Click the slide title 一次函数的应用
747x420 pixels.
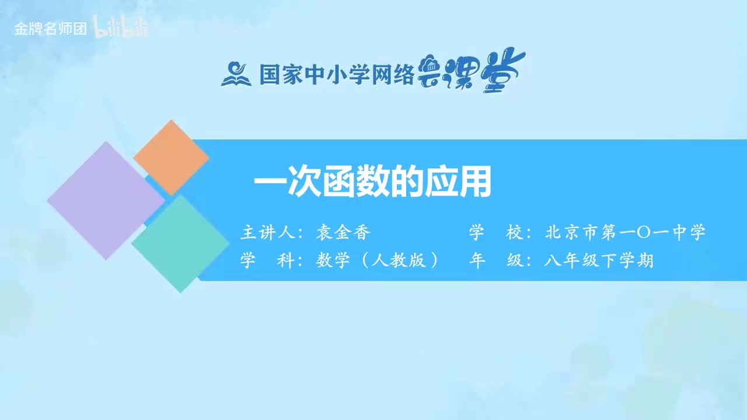(372, 183)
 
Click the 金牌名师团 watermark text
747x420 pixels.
(50, 29)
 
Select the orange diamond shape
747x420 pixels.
(171, 157)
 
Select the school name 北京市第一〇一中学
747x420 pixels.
(625, 233)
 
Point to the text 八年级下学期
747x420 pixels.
(598, 260)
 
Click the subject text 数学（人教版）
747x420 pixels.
(377, 260)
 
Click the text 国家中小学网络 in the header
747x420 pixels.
(337, 74)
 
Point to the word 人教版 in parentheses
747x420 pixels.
(398, 260)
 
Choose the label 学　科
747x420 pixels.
(267, 260)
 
